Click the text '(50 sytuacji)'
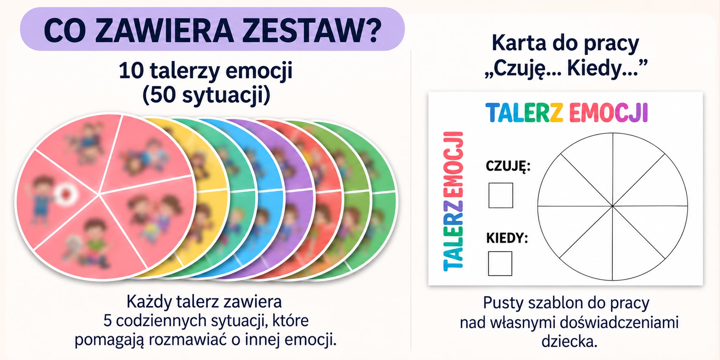(206, 95)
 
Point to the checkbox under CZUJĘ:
(500, 195)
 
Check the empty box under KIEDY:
(500, 263)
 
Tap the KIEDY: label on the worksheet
(507, 237)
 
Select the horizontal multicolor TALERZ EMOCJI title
(567, 112)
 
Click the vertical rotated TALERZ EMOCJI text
(453, 201)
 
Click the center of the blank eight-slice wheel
(612, 206)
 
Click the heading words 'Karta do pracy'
(565, 43)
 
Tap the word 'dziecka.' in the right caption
(569, 341)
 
